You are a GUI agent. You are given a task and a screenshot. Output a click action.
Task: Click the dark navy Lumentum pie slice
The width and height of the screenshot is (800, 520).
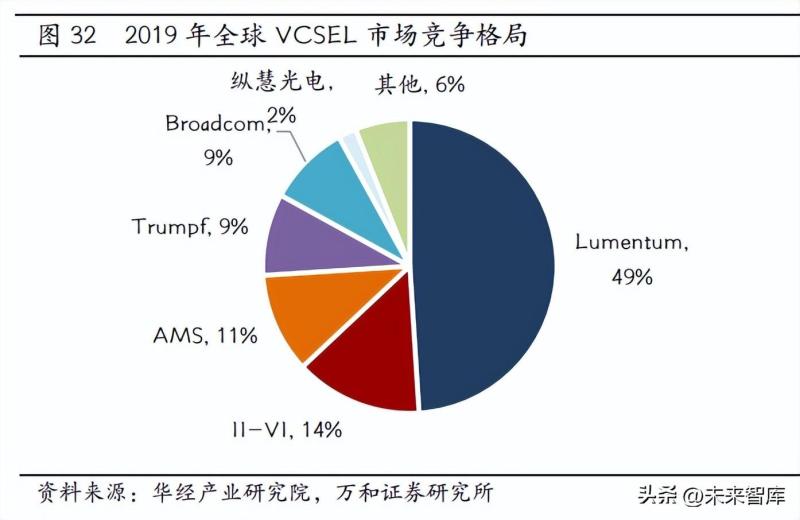tap(490, 265)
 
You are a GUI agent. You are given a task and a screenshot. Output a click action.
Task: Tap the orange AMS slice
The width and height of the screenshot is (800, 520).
tap(300, 315)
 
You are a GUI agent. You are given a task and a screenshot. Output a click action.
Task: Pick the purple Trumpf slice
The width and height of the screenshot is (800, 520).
tap(300, 238)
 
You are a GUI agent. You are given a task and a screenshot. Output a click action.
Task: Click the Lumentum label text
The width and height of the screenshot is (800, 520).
tap(632, 241)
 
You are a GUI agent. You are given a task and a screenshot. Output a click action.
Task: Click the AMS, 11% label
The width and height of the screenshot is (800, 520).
tap(205, 336)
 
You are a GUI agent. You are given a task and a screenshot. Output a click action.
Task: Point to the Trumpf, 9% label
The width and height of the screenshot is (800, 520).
tap(190, 227)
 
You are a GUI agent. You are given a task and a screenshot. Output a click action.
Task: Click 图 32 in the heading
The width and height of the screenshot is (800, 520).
tap(67, 37)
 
